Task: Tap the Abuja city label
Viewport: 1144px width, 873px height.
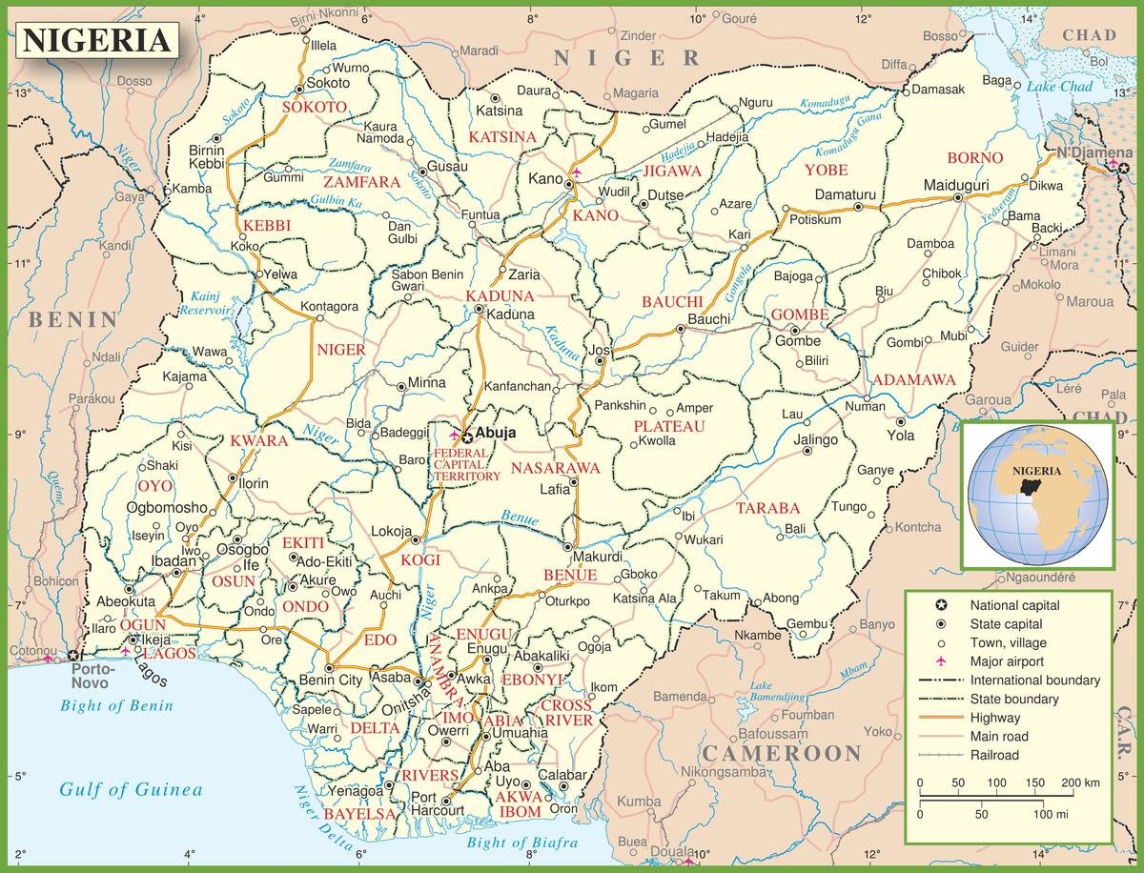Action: coord(496,433)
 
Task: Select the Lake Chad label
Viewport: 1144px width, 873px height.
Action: coord(1060,87)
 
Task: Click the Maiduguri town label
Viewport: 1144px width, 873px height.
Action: coord(956,184)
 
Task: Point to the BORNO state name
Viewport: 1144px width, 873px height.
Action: coord(974,157)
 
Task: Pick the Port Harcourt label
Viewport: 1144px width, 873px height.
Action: coord(437,803)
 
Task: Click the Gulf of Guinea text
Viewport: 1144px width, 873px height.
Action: coord(131,789)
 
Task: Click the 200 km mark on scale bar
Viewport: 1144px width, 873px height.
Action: coord(1072,782)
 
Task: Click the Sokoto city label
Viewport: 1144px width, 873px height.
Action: coord(327,84)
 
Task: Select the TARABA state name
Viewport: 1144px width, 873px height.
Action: coord(767,508)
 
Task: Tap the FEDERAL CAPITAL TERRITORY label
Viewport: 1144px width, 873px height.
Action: coord(466,464)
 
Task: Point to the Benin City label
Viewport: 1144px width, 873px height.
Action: coord(331,680)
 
